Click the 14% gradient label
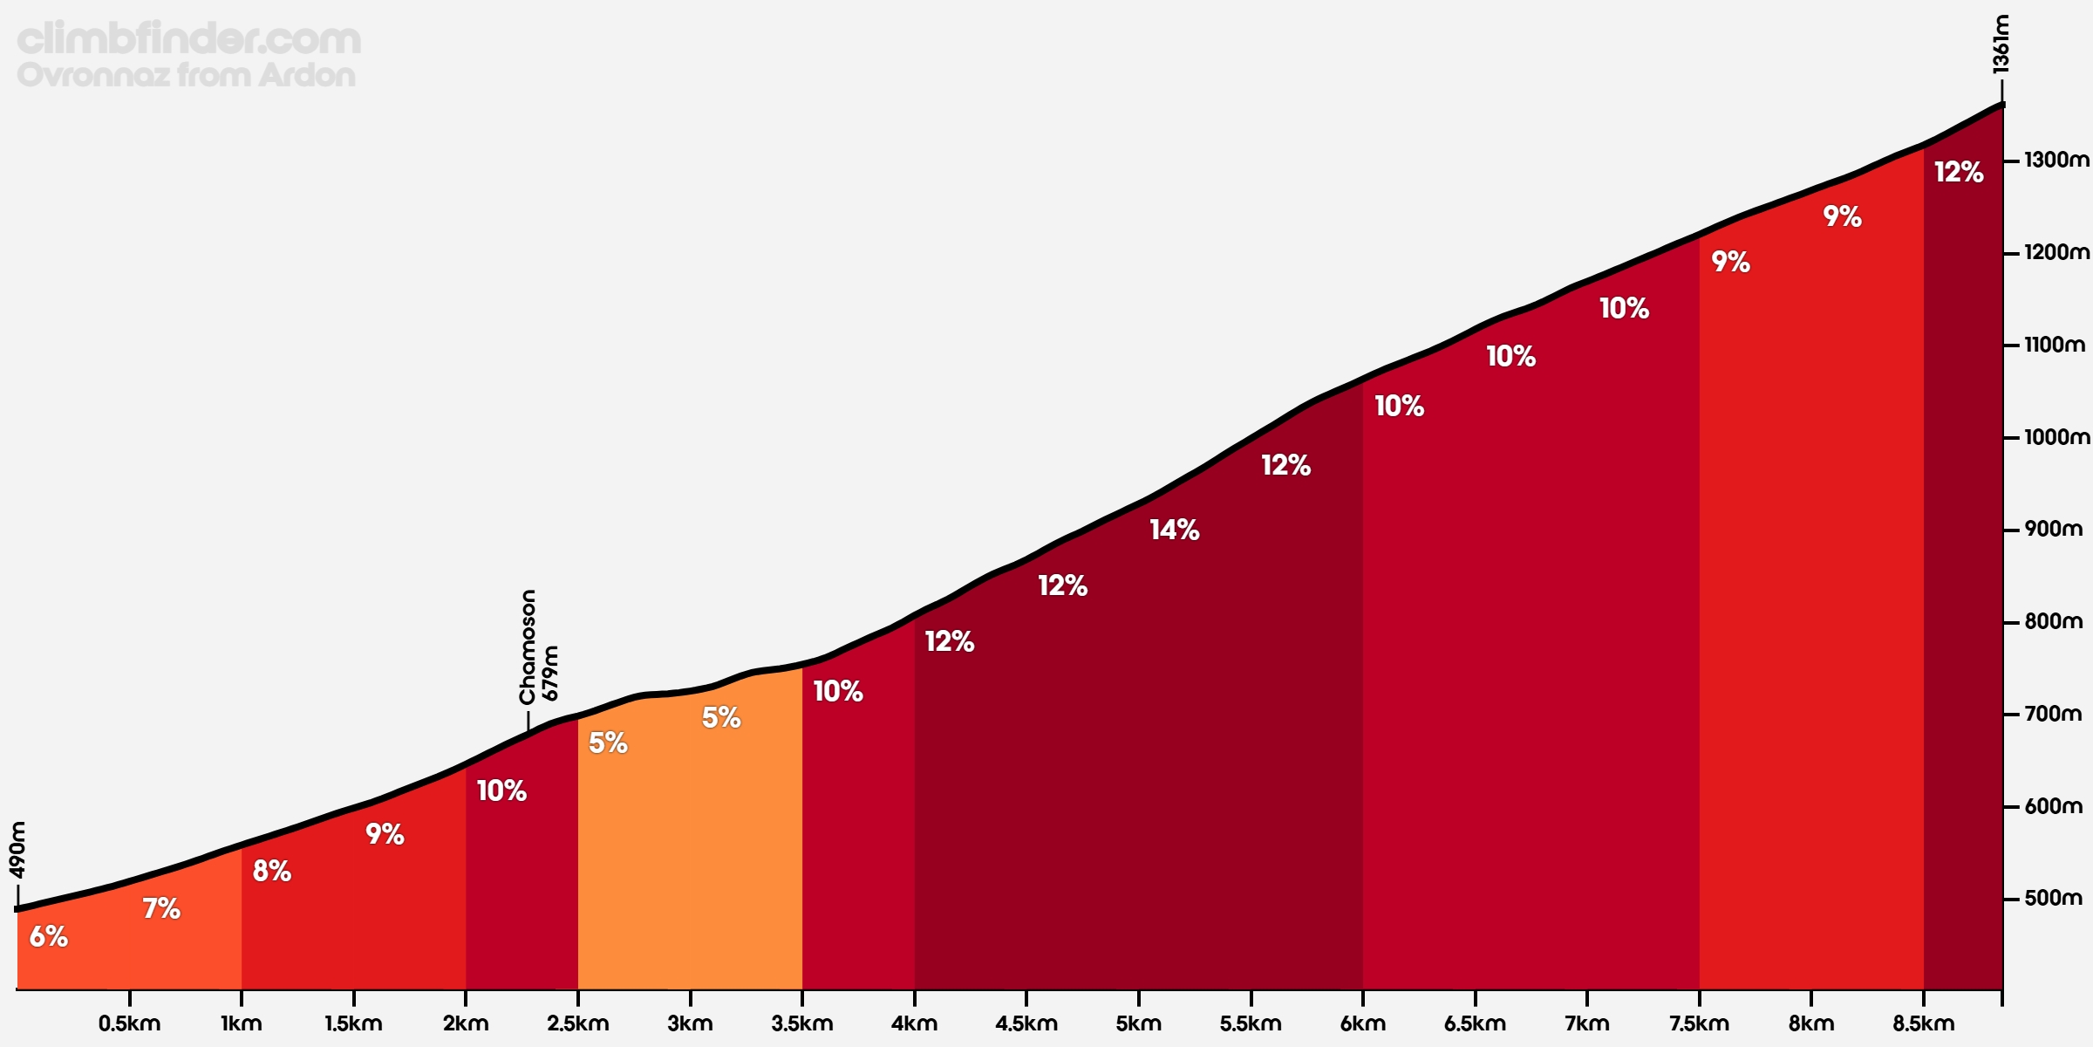point(1174,530)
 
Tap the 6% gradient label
point(49,936)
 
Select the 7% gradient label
point(161,908)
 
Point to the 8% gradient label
point(271,871)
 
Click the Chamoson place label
point(528,647)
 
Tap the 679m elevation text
point(550,673)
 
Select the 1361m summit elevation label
point(2001,44)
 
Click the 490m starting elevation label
point(17,849)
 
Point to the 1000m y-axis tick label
point(2056,437)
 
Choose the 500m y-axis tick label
point(2053,898)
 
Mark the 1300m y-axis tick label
point(2056,161)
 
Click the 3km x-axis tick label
point(690,1023)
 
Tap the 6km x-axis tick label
point(1362,1023)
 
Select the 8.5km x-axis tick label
point(1923,1023)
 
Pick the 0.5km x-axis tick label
point(129,1023)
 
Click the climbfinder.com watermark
point(188,39)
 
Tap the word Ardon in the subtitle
point(308,75)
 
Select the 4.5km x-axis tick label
point(1026,1023)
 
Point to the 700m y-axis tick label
point(2053,714)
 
